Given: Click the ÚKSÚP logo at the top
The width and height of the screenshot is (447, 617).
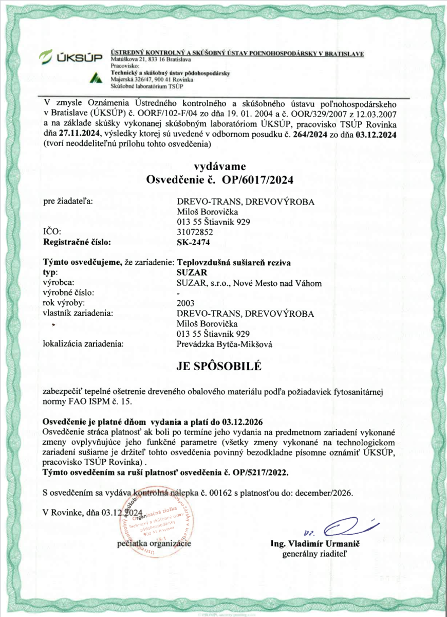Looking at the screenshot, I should click(x=71, y=58).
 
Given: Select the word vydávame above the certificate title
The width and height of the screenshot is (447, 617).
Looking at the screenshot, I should click(x=219, y=166).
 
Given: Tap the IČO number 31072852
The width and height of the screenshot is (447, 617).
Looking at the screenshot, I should click(x=193, y=231).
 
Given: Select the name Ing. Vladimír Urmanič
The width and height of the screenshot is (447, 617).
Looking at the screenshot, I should click(x=315, y=544).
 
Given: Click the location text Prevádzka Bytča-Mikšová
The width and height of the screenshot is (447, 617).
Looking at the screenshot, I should click(x=223, y=343).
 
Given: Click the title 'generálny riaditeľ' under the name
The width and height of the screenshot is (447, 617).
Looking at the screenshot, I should click(x=315, y=554).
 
